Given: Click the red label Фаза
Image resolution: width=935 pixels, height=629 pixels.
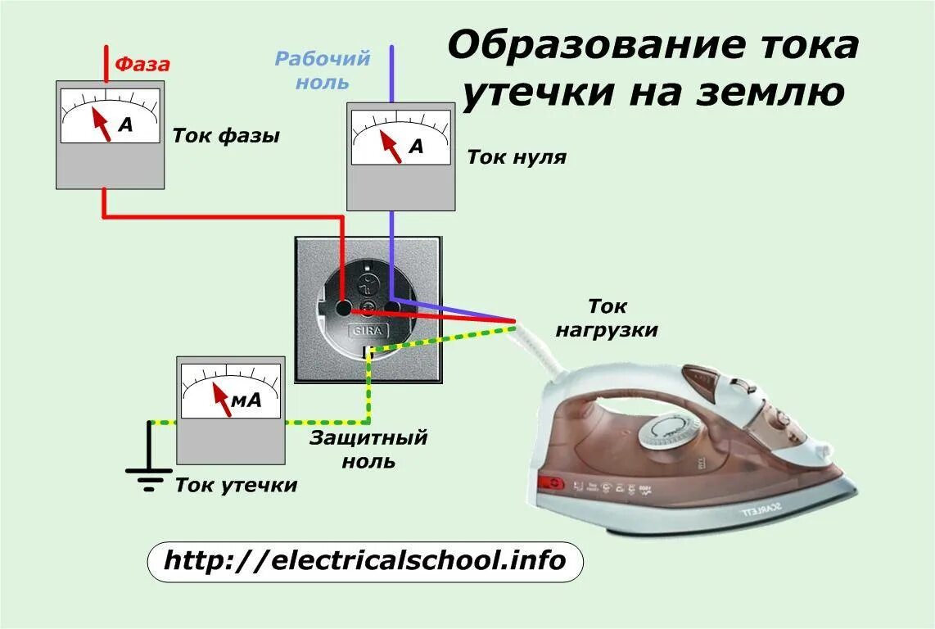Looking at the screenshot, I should pyautogui.click(x=142, y=64).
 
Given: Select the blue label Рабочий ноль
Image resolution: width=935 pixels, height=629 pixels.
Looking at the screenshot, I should pyautogui.click(x=323, y=70).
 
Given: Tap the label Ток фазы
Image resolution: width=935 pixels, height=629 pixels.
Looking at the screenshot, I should pyautogui.click(x=226, y=136).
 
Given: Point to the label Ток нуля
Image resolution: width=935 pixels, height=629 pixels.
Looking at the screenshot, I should pyautogui.click(x=517, y=156).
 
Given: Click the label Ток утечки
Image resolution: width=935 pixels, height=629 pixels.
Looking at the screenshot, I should pyautogui.click(x=236, y=486).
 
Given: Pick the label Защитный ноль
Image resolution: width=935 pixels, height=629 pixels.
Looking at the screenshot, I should pyautogui.click(x=368, y=449).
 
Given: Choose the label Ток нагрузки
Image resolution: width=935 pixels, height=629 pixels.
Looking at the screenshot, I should pyautogui.click(x=607, y=319).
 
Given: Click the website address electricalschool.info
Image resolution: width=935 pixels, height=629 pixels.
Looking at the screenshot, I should pyautogui.click(x=365, y=561).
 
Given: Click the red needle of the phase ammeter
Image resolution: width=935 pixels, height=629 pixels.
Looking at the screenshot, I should pyautogui.click(x=102, y=123).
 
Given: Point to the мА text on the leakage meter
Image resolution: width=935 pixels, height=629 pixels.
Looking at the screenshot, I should pyautogui.click(x=246, y=400).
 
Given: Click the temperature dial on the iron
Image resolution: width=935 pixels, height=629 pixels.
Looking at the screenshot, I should pyautogui.click(x=666, y=431).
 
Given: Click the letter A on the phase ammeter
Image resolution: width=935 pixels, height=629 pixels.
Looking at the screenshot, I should pyautogui.click(x=125, y=124).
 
